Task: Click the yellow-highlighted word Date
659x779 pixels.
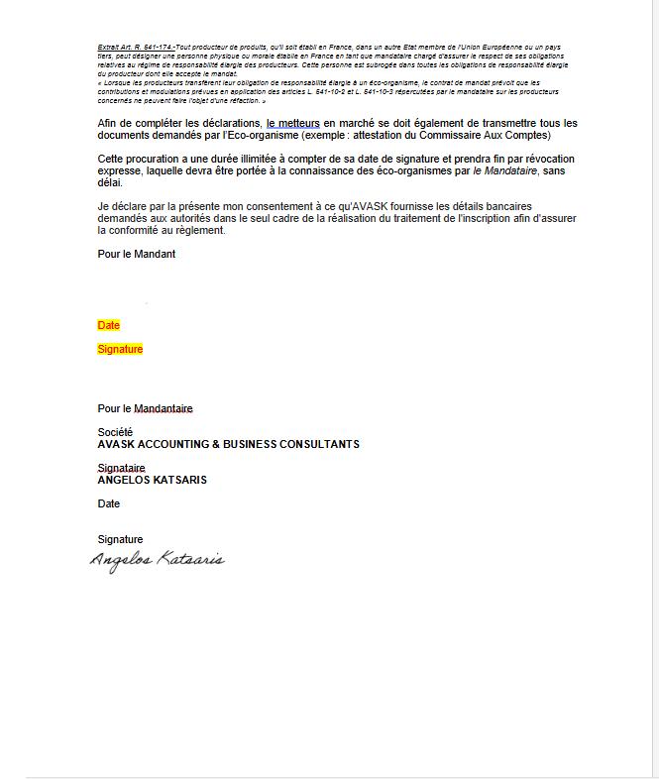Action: tap(108, 325)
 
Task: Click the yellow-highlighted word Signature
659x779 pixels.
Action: tap(120, 349)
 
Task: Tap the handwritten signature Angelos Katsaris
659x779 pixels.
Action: tap(158, 560)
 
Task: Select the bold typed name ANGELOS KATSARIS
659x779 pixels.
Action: tap(152, 480)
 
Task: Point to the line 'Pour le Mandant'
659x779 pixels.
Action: tap(136, 254)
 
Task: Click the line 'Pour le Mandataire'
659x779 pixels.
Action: tap(145, 408)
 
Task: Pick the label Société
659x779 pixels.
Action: tap(115, 432)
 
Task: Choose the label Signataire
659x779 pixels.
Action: tap(121, 468)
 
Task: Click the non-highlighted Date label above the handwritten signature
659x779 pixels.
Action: tap(108, 503)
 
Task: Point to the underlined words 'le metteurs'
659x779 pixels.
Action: tap(292, 123)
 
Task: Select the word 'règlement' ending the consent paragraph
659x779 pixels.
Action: tap(199, 230)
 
